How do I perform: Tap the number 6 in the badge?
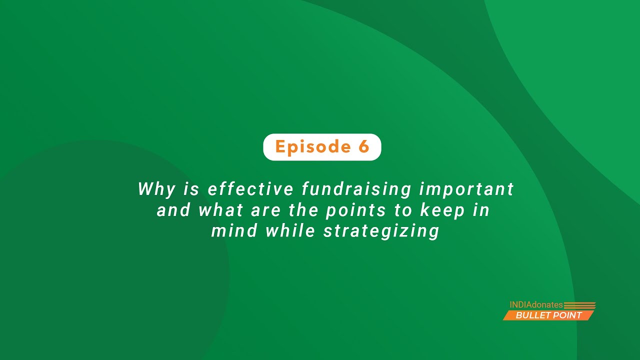(363, 147)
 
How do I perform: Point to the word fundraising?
(356, 190)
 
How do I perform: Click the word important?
(466, 189)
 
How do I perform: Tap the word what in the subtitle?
(220, 210)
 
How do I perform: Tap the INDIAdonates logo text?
(536, 304)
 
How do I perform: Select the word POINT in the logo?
(567, 315)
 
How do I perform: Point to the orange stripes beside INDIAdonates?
(579, 305)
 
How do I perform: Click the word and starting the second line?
(173, 210)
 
